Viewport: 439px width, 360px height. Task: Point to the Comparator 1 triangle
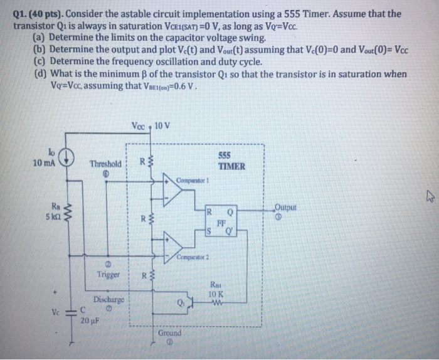tap(176, 187)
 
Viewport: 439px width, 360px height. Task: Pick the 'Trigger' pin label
tap(108, 275)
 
